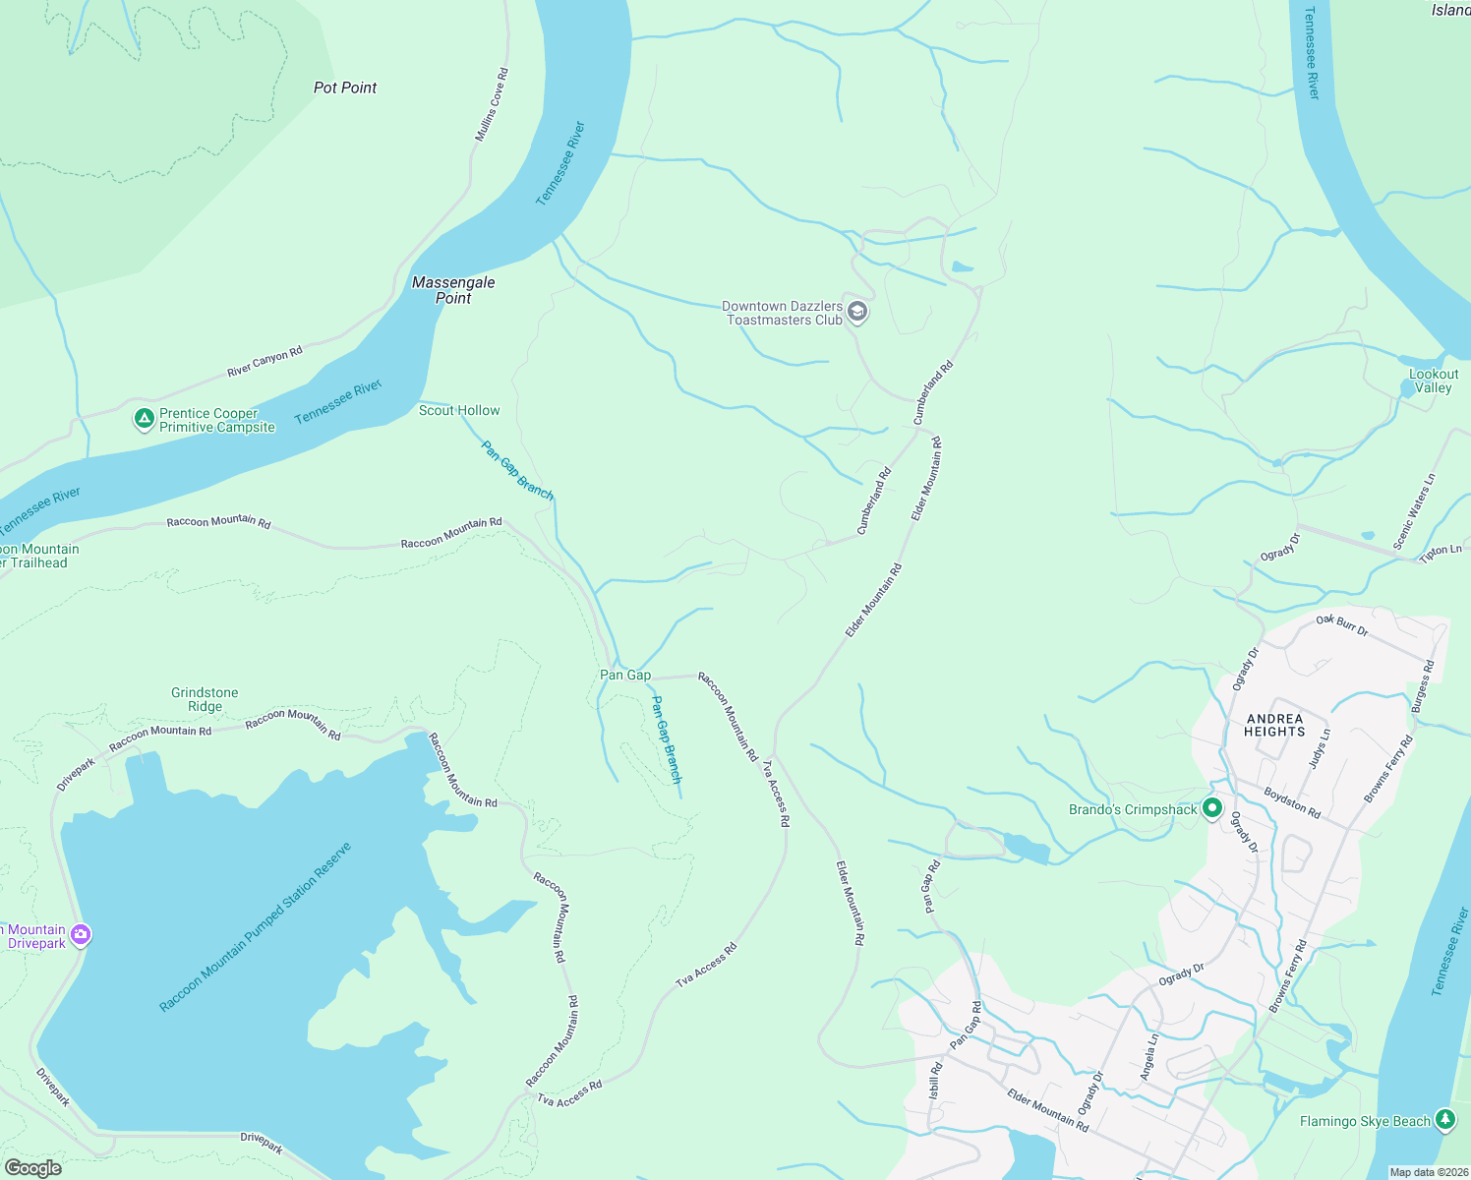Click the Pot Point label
tap(345, 88)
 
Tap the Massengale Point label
tap(453, 290)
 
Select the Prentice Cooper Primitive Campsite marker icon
tap(145, 420)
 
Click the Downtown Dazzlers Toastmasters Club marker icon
tap(857, 313)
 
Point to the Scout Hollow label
tap(459, 410)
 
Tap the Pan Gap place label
tap(625, 675)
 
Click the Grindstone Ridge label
tap(205, 699)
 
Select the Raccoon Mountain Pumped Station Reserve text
tap(256, 927)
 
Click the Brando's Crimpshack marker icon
tap(1212, 808)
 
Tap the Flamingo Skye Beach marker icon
tap(1444, 1120)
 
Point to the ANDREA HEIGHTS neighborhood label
tap(1274, 725)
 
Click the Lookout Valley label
tap(1434, 381)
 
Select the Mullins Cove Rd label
tap(492, 104)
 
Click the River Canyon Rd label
tap(265, 361)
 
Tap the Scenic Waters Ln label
tap(1414, 511)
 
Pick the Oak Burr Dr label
tap(1342, 624)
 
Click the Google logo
tap(33, 1168)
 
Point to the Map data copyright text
tap(1428, 1172)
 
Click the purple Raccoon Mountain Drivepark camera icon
tap(81, 935)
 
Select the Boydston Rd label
tap(1292, 802)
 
